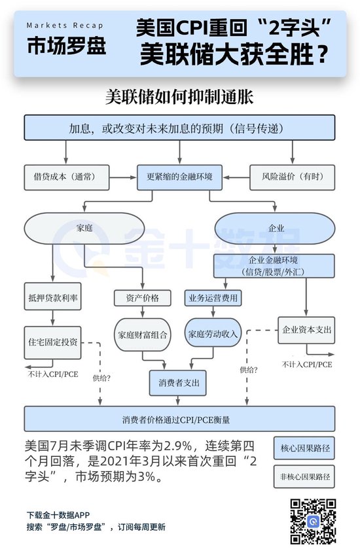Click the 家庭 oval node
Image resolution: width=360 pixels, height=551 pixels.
84,228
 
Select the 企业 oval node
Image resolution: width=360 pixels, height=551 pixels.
276,228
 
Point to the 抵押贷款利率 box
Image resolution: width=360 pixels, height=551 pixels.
52,296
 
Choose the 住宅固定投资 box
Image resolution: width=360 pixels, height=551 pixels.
52,342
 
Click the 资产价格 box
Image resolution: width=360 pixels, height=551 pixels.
137,298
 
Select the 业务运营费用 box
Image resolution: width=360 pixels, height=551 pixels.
211,298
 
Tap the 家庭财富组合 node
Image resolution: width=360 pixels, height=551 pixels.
141,334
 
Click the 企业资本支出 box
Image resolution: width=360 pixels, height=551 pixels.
305,330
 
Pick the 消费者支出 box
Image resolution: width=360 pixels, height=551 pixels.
179,382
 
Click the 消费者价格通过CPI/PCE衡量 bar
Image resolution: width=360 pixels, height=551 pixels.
179,419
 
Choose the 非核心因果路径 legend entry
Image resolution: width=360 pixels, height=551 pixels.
304,477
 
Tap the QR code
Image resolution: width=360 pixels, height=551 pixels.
313,521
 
